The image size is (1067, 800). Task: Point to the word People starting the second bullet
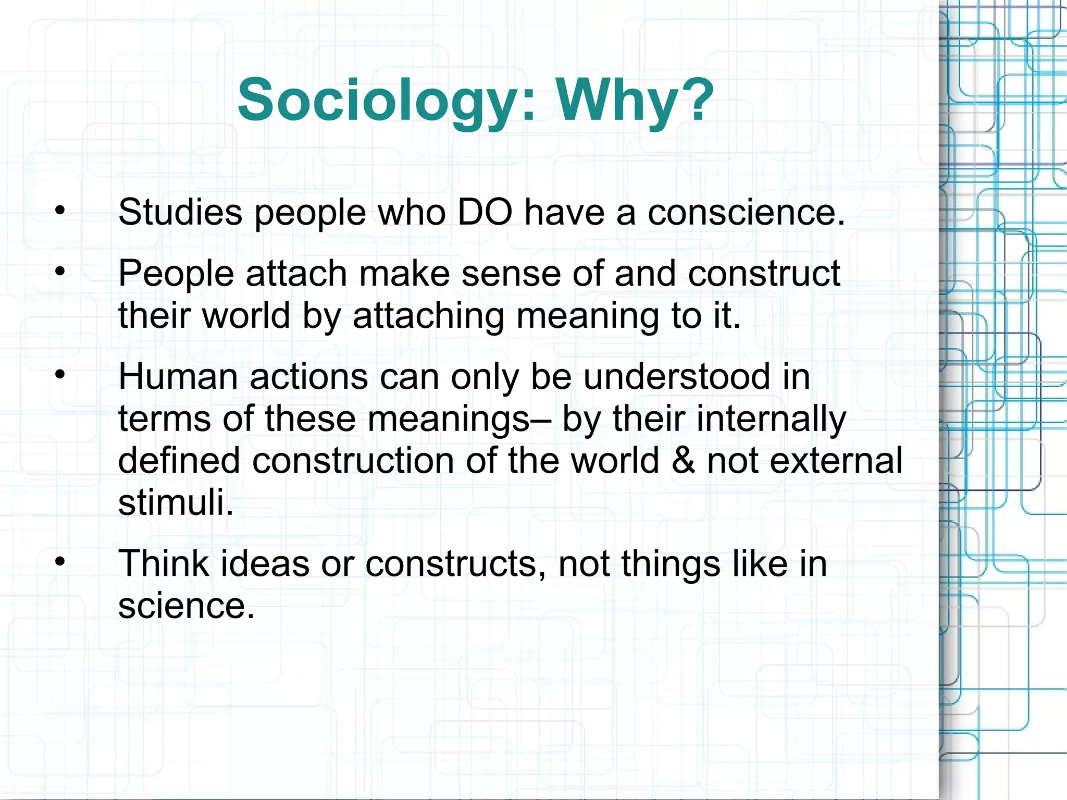[176, 274]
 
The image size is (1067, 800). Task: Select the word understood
[676, 376]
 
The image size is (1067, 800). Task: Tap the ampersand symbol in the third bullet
[683, 461]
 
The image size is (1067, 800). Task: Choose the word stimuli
[176, 502]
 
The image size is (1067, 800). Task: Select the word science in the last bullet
[186, 606]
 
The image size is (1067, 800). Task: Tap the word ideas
[265, 564]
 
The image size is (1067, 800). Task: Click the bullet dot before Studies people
[60, 211]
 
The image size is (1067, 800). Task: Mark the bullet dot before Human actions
[60, 375]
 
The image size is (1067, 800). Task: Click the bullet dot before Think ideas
[60, 562]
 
